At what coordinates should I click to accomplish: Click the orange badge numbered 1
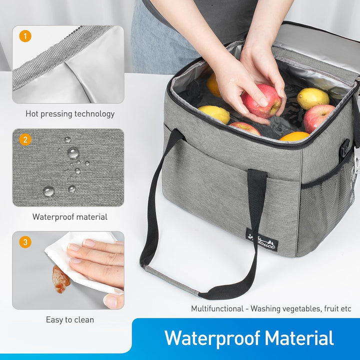(25, 36)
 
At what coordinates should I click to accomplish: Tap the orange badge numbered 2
(25, 139)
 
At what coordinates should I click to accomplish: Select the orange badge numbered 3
(25, 242)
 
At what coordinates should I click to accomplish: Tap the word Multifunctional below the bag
(217, 308)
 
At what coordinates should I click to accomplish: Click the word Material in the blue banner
(299, 338)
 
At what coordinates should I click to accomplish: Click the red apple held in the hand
(261, 101)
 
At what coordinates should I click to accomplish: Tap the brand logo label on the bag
(262, 243)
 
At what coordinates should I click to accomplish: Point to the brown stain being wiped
(60, 279)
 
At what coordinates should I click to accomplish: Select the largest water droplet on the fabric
(73, 153)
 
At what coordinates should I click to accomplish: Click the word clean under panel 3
(85, 320)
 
